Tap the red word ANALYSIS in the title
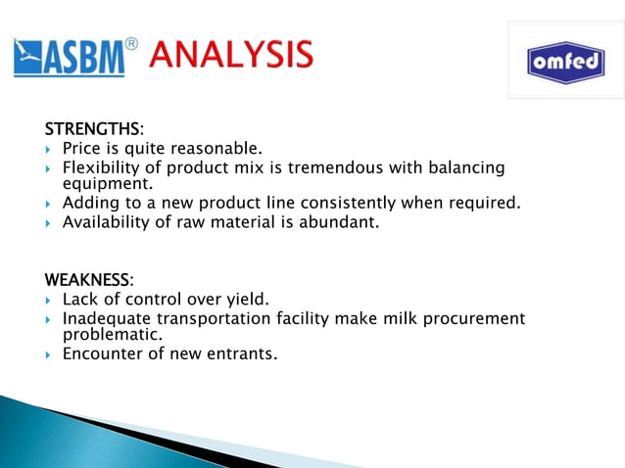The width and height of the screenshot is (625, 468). pos(231,55)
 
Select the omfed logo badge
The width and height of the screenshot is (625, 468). pos(565,62)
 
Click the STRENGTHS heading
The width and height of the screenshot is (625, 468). pos(93,129)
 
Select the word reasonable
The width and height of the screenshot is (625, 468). pos(216,149)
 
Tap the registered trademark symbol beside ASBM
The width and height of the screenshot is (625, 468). pos(131,44)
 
